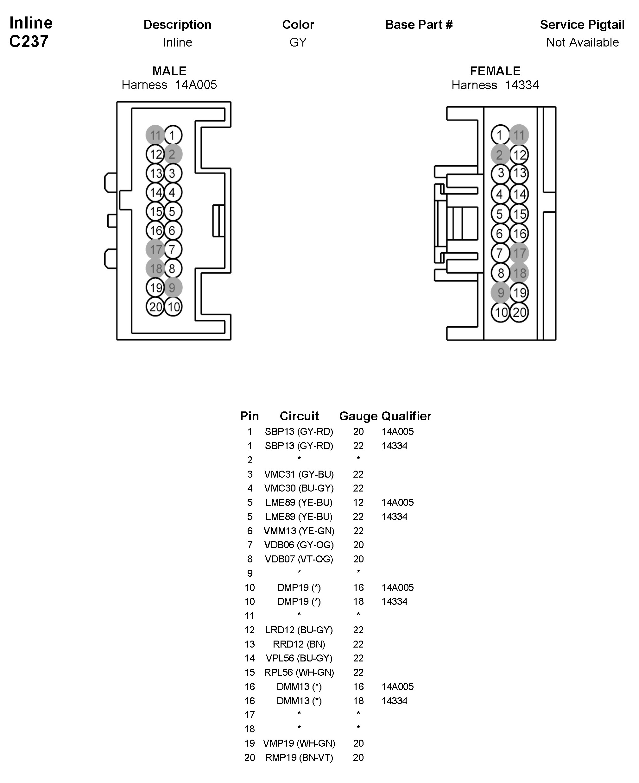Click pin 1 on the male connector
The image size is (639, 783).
coord(173,135)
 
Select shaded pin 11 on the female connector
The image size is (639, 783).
coord(519,135)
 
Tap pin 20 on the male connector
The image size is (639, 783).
coord(155,306)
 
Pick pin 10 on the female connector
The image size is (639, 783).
coord(501,312)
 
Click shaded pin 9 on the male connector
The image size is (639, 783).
coord(173,287)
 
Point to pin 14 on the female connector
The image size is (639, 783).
coord(519,194)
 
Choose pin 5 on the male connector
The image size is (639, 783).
coord(173,211)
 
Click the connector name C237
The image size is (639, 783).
coord(29,41)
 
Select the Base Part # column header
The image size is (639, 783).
coord(419,25)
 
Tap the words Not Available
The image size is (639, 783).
coord(582,42)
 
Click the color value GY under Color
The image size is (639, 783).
coord(298,42)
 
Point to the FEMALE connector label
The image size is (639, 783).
coord(495,71)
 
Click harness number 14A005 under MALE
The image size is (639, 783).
coord(196,85)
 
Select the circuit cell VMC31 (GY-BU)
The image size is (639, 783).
coord(299,474)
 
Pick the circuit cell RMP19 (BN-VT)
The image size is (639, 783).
coord(299,757)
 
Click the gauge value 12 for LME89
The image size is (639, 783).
coord(358,503)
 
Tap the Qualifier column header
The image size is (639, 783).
coord(406,416)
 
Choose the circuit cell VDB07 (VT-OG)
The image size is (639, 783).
coord(299,559)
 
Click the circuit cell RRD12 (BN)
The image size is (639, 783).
coord(299,644)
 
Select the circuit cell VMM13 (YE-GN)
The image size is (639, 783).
coord(299,531)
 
